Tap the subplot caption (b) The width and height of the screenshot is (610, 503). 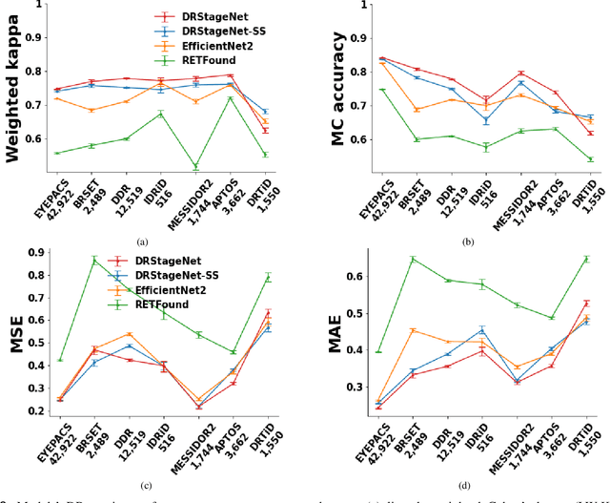(467, 242)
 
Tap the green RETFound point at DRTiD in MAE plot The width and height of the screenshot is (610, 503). (586, 259)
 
